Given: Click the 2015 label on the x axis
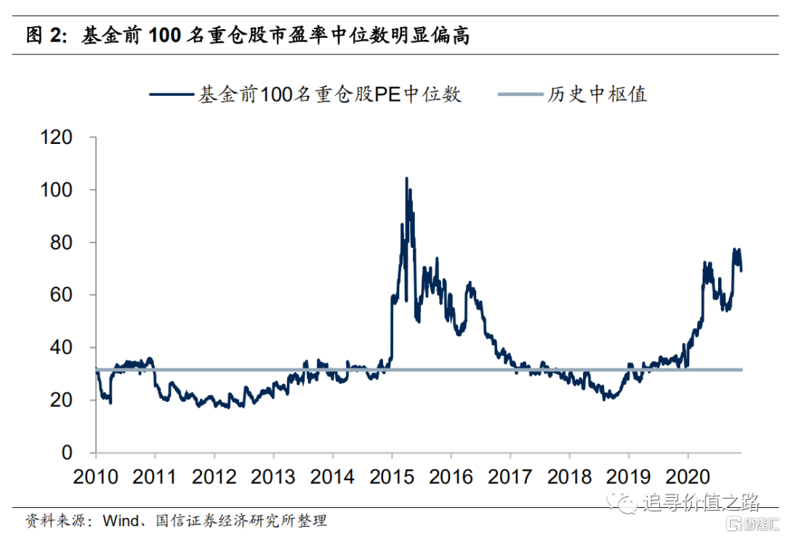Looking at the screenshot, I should click(x=392, y=477).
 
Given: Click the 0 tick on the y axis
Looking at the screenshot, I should click(x=84, y=453).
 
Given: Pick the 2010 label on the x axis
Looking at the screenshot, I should click(x=96, y=477).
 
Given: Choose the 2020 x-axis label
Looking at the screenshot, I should click(x=688, y=477).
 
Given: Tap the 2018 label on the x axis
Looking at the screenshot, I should click(x=569, y=477).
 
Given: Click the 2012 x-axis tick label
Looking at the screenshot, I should click(x=214, y=477).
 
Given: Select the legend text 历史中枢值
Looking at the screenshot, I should click(x=597, y=94).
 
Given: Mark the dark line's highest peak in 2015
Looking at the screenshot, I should click(x=406, y=178).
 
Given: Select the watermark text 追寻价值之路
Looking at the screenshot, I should click(x=700, y=502).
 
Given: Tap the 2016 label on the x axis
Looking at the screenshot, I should click(x=451, y=477).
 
